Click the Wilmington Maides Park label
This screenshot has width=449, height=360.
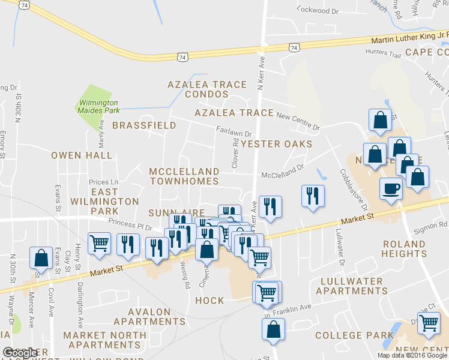point(97,106)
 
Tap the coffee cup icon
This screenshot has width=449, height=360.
point(391,189)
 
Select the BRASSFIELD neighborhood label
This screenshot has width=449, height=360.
point(144,125)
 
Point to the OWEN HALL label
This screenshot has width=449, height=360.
point(82,155)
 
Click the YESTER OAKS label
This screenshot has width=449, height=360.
point(277,144)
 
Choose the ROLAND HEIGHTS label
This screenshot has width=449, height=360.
point(408,248)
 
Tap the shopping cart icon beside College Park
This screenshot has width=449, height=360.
point(429,322)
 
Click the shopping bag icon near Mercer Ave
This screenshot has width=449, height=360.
point(41,257)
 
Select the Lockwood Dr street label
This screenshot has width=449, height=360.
point(318,11)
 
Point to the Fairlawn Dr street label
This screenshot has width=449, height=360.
point(234,131)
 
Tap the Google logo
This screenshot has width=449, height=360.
point(20,353)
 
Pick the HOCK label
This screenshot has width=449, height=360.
point(209,301)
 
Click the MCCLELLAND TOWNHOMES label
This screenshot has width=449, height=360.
point(184,176)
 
